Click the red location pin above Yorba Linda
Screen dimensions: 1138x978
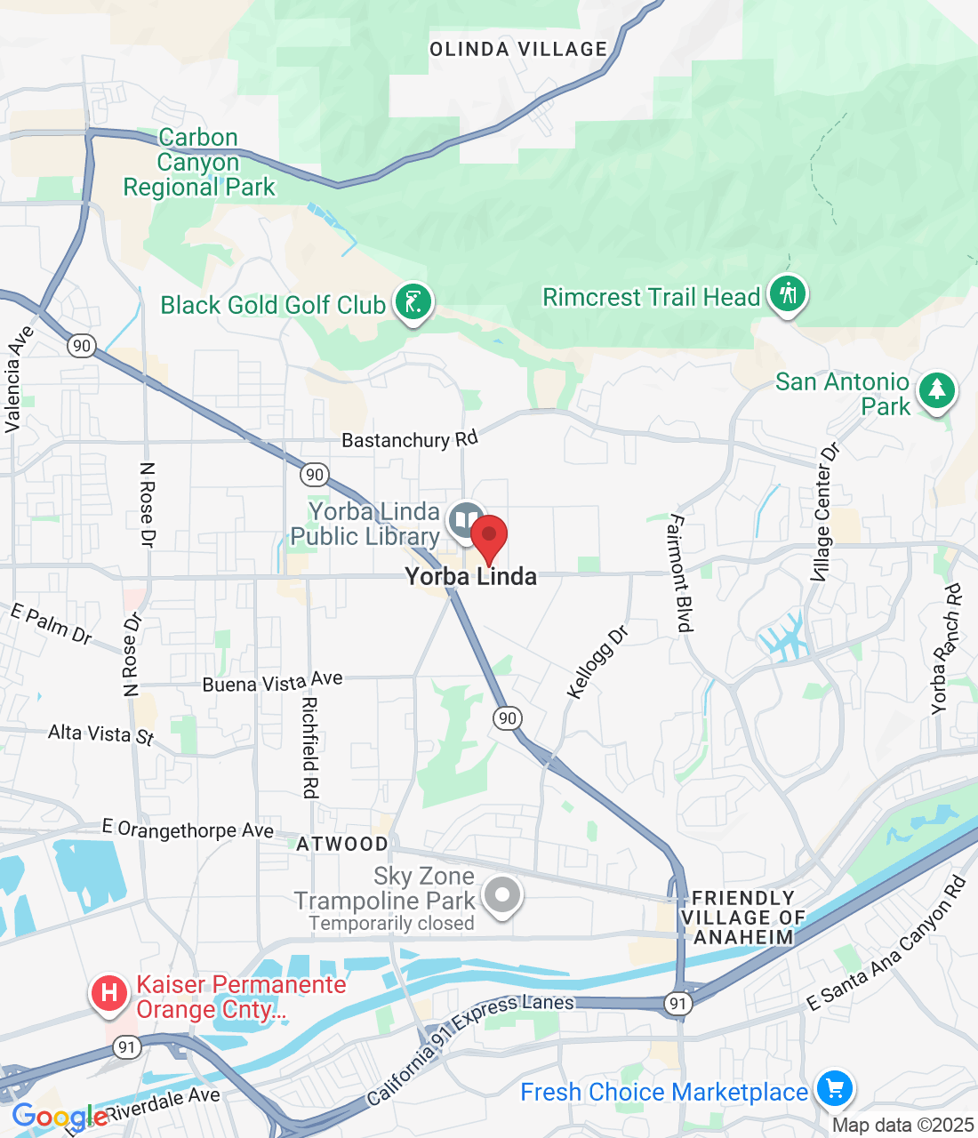(x=488, y=537)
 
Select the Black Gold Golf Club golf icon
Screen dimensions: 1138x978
(x=413, y=302)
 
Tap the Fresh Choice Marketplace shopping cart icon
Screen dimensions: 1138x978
(x=834, y=1089)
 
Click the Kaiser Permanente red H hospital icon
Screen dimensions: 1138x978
(x=109, y=992)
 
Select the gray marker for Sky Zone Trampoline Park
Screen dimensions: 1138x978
(x=502, y=895)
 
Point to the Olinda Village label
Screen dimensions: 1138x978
(x=518, y=50)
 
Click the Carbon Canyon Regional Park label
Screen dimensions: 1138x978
(x=199, y=163)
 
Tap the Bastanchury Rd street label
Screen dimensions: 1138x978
(x=410, y=439)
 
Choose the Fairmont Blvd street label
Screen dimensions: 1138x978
(x=680, y=573)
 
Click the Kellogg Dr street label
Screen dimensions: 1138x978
(x=597, y=662)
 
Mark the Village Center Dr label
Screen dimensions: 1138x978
(x=824, y=513)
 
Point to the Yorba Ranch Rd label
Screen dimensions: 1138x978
(x=946, y=649)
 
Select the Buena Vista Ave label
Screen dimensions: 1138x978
(x=272, y=682)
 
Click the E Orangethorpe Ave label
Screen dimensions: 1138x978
(x=188, y=829)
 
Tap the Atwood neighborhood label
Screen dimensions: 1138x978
(x=342, y=844)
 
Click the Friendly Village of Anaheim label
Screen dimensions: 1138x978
(x=743, y=918)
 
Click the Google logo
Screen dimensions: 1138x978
(x=60, y=1117)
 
